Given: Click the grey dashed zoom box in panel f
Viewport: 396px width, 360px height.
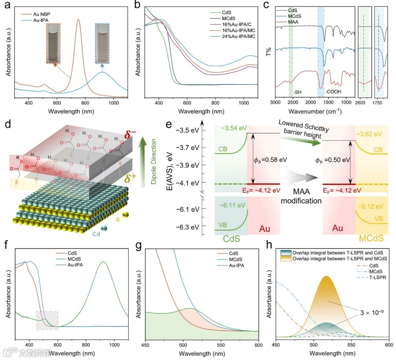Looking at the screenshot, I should coord(47,320).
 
